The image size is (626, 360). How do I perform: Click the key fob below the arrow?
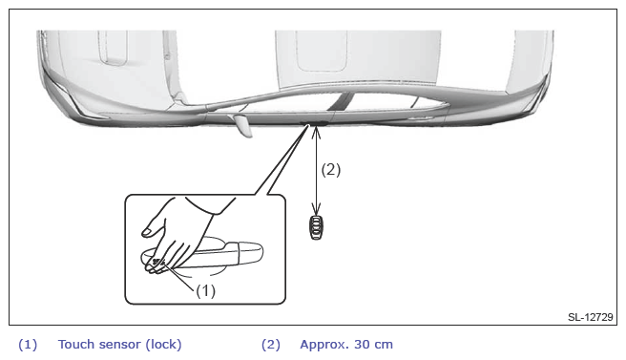pos(316,227)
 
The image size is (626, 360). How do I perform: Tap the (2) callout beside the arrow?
pos(331,170)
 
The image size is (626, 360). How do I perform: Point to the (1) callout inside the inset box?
pos(205,291)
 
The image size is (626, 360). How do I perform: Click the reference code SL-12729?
pos(590,317)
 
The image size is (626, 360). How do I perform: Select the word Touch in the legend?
pos(75,344)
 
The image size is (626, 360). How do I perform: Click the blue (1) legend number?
pos(28,345)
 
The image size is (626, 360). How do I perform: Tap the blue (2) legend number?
pos(271,345)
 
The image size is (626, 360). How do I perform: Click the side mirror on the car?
pos(242,125)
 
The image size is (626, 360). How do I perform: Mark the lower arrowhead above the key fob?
pos(316,208)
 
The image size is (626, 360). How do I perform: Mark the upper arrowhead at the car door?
pos(316,132)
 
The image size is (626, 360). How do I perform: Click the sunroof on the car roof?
pos(321,52)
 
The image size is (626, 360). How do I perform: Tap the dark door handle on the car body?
pos(314,122)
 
